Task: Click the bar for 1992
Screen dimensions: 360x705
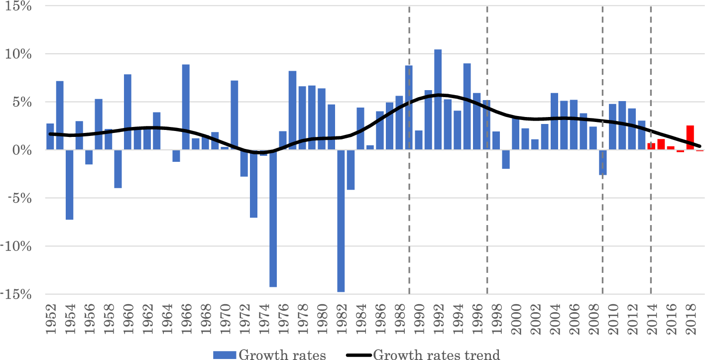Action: [438, 100]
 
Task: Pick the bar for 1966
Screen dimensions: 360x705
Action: [186, 107]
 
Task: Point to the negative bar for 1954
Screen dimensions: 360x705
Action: [69, 185]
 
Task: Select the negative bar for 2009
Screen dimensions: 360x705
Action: [603, 162]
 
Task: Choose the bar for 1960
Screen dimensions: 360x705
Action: [127, 112]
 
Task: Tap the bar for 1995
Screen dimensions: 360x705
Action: [467, 107]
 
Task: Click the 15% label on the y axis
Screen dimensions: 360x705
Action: [18, 7]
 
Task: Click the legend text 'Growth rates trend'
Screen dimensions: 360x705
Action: [436, 355]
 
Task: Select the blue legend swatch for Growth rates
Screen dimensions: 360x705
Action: [225, 355]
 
